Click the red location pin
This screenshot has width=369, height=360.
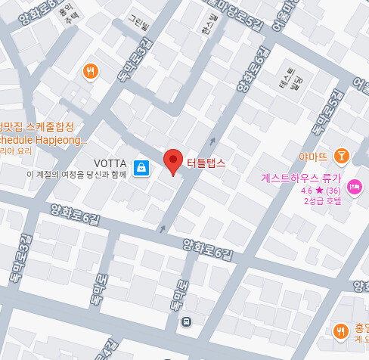tap(174, 161)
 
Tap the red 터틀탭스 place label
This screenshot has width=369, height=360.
tap(206, 160)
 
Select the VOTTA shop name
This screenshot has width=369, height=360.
tap(110, 163)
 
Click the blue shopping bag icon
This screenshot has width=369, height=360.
tap(141, 167)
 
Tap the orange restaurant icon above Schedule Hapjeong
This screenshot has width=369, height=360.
tap(91, 72)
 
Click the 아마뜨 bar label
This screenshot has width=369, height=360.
tap(313, 157)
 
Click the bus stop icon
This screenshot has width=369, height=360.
tap(186, 321)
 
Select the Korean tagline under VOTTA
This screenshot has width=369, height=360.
tap(76, 175)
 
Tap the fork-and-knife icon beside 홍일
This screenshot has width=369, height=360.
tap(340, 331)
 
